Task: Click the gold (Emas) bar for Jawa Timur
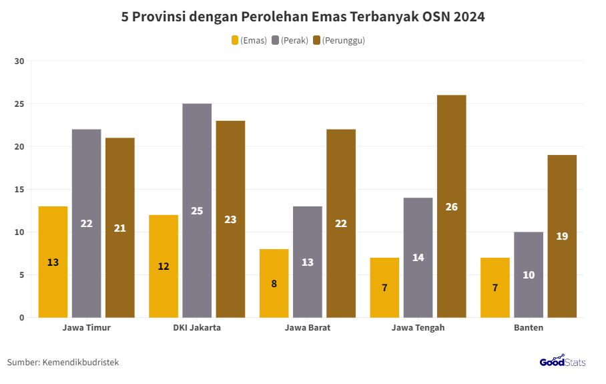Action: [53, 262]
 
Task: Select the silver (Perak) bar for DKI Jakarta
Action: [197, 210]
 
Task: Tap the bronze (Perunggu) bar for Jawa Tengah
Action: [451, 206]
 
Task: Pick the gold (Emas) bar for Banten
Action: [495, 287]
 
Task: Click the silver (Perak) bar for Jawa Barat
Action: [308, 262]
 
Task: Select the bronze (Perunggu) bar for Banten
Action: [562, 236]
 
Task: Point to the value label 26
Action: [451, 207]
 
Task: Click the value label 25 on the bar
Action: [197, 211]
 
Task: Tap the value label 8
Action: [274, 283]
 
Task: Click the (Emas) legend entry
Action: [249, 41]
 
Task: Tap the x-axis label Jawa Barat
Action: [308, 328]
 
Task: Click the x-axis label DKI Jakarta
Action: [197, 328]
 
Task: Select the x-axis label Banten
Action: [529, 328]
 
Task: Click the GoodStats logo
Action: [562, 361]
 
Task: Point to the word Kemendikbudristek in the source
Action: [81, 362]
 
